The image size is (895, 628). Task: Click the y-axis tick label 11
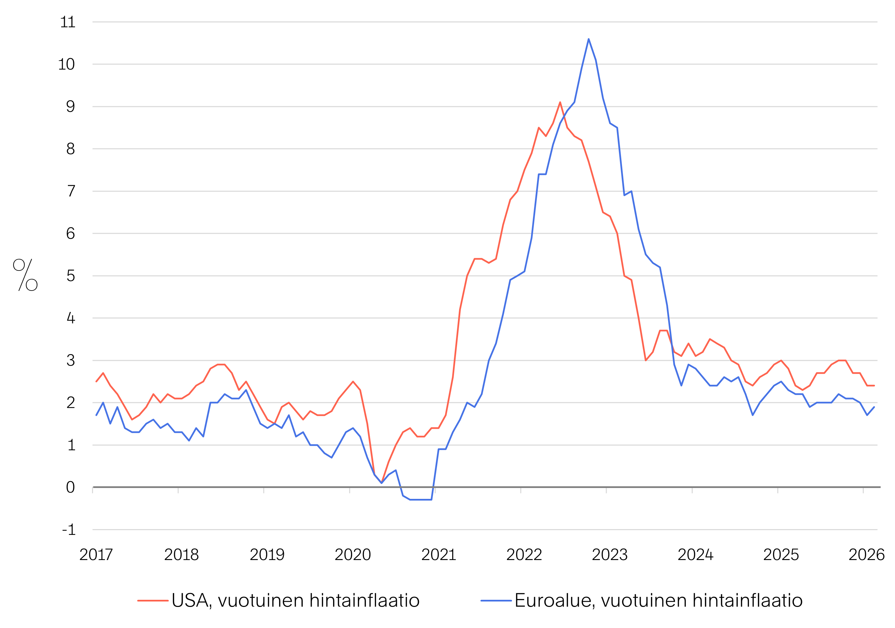pyautogui.click(x=68, y=22)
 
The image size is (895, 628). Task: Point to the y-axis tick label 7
pyautogui.click(x=71, y=191)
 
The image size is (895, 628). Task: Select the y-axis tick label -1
pyautogui.click(x=69, y=530)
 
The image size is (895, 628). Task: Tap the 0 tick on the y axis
pyautogui.click(x=70, y=487)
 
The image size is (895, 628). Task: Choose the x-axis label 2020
pyautogui.click(x=352, y=555)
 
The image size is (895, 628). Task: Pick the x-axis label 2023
pyautogui.click(x=610, y=555)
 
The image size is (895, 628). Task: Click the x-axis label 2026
pyautogui.click(x=866, y=555)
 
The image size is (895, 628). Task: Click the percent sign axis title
pyautogui.click(x=25, y=275)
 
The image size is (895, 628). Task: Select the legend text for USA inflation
pyautogui.click(x=295, y=600)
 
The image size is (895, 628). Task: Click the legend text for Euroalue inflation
pyautogui.click(x=658, y=600)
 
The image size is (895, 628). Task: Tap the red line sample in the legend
pyautogui.click(x=153, y=601)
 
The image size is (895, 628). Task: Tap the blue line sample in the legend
pyautogui.click(x=496, y=601)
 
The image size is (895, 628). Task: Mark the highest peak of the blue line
pyautogui.click(x=589, y=39)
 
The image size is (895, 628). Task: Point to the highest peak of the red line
pyautogui.click(x=560, y=102)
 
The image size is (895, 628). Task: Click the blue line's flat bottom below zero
pyautogui.click(x=421, y=500)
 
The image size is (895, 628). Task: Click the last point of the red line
pyautogui.click(x=874, y=386)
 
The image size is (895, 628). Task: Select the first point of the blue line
pyautogui.click(x=96, y=415)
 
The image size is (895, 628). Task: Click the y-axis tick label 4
pyautogui.click(x=71, y=318)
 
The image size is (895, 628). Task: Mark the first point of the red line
pyautogui.click(x=96, y=382)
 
